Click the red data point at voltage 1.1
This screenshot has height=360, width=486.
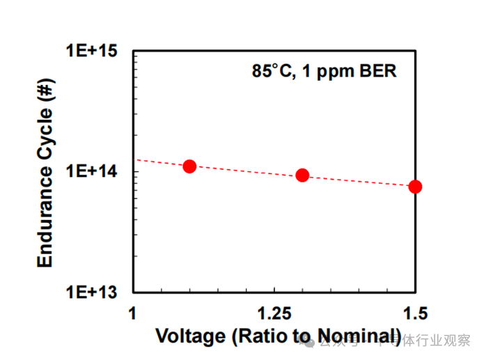click(189, 166)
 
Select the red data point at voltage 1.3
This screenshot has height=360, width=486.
click(302, 175)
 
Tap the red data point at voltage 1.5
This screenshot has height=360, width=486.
click(415, 186)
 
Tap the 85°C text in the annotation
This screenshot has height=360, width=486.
click(272, 71)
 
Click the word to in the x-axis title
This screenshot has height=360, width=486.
click(301, 337)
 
